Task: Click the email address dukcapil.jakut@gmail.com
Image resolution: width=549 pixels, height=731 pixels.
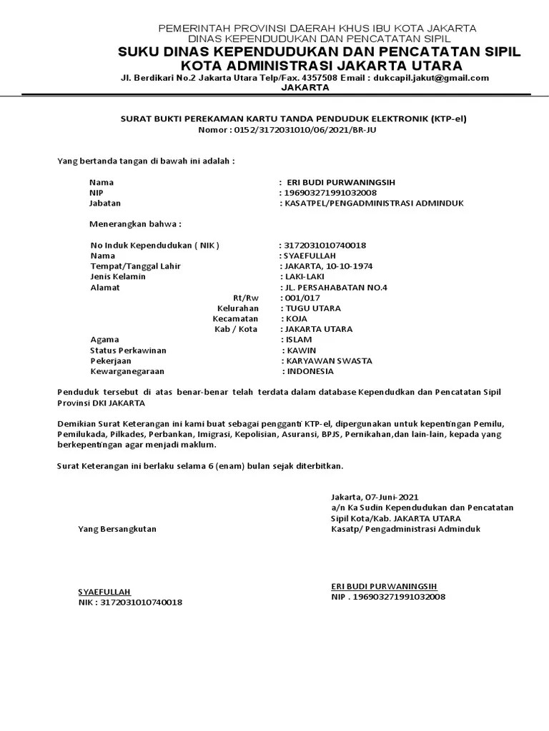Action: click(x=431, y=78)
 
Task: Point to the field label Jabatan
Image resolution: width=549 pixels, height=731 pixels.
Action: click(x=104, y=203)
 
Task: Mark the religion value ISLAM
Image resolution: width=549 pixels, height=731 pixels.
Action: click(x=298, y=340)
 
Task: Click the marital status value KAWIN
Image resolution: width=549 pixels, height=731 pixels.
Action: click(x=300, y=351)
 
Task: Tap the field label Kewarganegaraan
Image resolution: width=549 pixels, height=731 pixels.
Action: click(x=127, y=372)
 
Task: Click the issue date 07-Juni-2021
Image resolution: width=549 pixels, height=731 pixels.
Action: click(x=392, y=497)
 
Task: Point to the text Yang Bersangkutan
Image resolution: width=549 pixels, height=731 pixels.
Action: click(x=117, y=529)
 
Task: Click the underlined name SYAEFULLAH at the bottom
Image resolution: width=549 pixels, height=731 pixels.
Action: click(x=104, y=592)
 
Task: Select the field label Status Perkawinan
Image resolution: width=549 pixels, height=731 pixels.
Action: click(x=128, y=351)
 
